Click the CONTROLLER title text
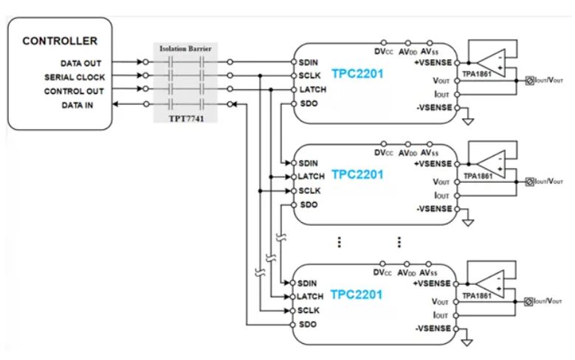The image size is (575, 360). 59,40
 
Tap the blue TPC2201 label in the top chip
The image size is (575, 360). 358,74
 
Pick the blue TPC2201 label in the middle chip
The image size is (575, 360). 357,176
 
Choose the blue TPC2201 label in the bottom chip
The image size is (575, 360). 357,294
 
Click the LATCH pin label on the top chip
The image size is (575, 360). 310,90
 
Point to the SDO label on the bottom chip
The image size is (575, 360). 306,324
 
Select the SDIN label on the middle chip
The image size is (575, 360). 309,162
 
